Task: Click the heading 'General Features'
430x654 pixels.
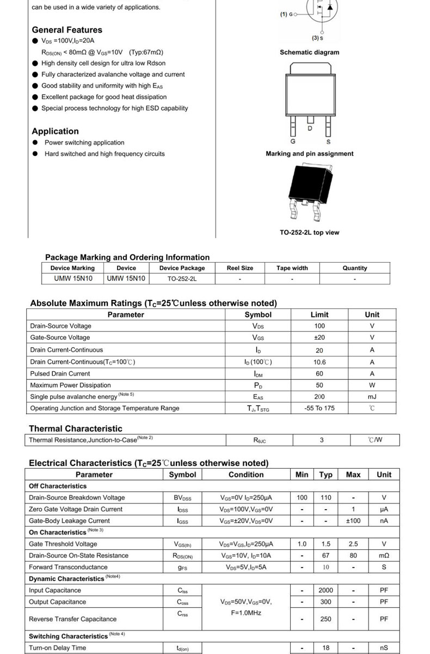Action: click(x=67, y=30)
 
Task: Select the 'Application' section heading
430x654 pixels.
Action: click(x=55, y=131)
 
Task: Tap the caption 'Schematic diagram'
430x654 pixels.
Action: click(x=309, y=52)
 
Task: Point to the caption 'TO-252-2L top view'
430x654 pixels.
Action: click(x=309, y=233)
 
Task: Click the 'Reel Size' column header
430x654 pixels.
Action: click(x=240, y=268)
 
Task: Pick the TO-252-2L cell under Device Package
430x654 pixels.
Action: click(x=182, y=278)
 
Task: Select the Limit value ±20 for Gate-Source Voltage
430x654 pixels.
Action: click(x=320, y=338)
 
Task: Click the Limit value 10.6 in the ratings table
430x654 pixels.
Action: click(x=320, y=362)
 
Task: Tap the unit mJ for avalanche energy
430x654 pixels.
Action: click(x=372, y=397)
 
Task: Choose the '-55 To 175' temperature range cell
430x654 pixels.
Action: click(x=320, y=408)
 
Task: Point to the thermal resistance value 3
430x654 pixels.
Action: click(x=322, y=440)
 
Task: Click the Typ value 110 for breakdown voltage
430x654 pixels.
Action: click(x=325, y=498)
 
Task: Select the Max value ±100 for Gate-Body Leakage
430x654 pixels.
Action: click(x=353, y=521)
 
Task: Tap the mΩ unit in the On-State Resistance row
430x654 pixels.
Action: click(x=384, y=556)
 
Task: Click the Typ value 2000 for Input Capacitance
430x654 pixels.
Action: click(x=325, y=590)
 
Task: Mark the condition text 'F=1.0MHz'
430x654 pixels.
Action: click(x=246, y=613)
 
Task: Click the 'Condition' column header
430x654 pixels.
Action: click(x=246, y=475)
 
